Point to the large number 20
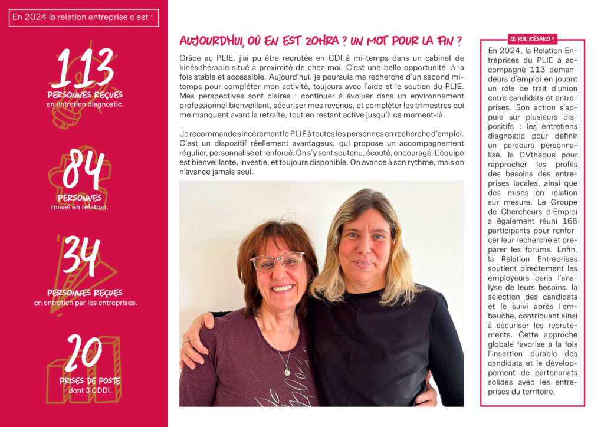click(84, 353)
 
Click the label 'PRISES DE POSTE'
click(90, 381)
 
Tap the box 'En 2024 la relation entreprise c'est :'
click(84, 17)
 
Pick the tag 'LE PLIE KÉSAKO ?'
click(532, 39)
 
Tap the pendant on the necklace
click(287, 372)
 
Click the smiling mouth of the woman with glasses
click(282, 288)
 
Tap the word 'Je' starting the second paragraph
click(183, 134)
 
